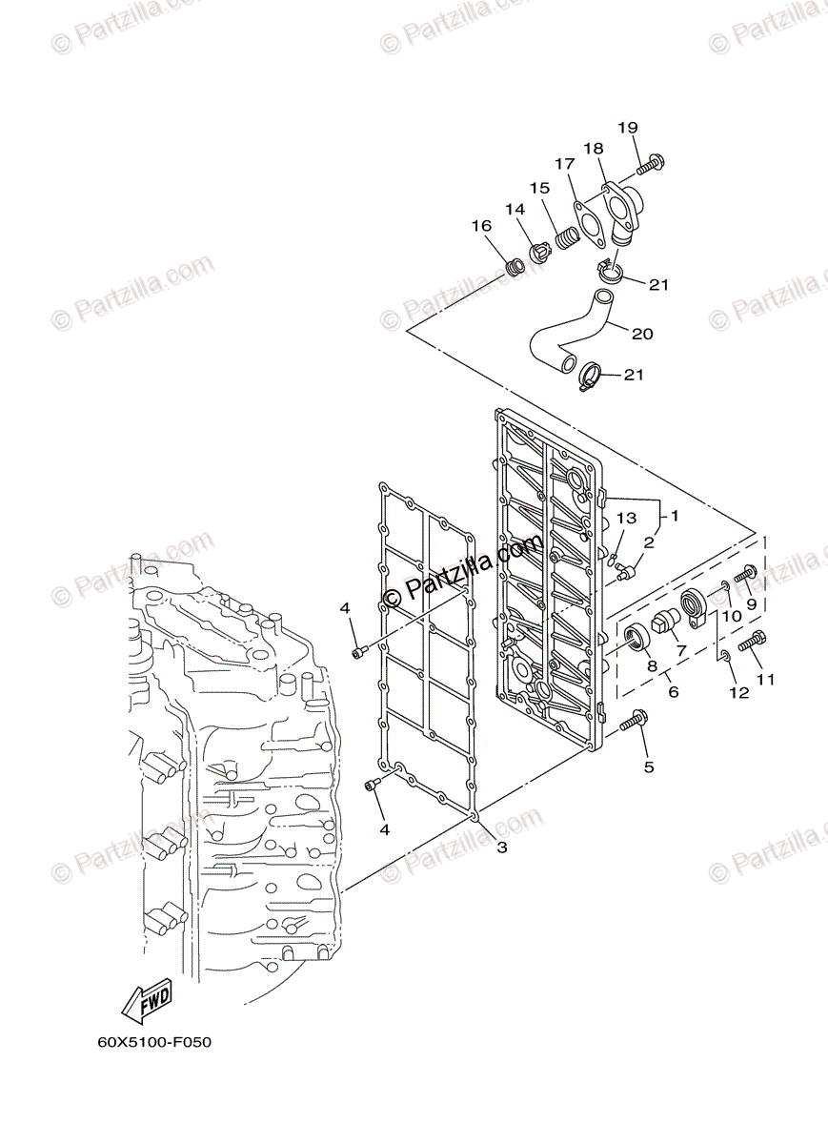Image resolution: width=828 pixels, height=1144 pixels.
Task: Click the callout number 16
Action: [480, 226]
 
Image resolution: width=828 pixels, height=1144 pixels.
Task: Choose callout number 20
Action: [642, 334]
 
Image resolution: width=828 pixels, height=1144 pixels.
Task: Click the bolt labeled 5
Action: [634, 722]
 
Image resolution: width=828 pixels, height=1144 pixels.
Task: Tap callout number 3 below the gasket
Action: [501, 846]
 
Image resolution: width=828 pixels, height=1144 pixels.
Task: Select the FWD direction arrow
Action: [147, 998]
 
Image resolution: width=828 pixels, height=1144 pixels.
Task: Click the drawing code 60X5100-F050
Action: [153, 1042]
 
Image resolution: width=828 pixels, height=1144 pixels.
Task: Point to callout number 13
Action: [625, 518]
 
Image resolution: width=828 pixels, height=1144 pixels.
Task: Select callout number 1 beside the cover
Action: [674, 516]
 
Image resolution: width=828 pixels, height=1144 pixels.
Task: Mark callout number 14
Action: [515, 209]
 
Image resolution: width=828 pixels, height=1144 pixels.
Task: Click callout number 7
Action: [681, 650]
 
